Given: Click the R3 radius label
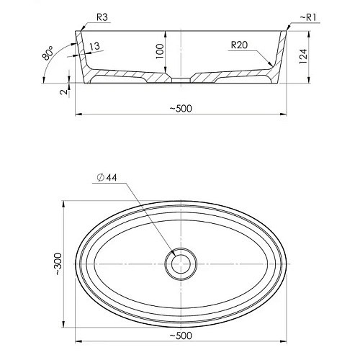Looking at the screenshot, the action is pyautogui.click(x=102, y=17).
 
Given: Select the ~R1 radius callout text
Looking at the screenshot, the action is pyautogui.click(x=308, y=17).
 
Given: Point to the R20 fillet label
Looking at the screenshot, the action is pyautogui.click(x=239, y=45).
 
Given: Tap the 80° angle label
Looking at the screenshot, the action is pyautogui.click(x=48, y=53).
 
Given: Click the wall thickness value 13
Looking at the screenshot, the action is pyautogui.click(x=95, y=46).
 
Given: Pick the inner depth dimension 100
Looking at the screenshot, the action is pyautogui.click(x=160, y=51).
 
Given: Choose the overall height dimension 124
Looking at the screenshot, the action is pyautogui.click(x=303, y=56).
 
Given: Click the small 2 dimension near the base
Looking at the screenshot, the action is pyautogui.click(x=64, y=92).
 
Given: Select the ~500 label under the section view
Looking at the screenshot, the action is pyautogui.click(x=181, y=109).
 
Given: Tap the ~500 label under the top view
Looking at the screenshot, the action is pyautogui.click(x=181, y=336).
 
